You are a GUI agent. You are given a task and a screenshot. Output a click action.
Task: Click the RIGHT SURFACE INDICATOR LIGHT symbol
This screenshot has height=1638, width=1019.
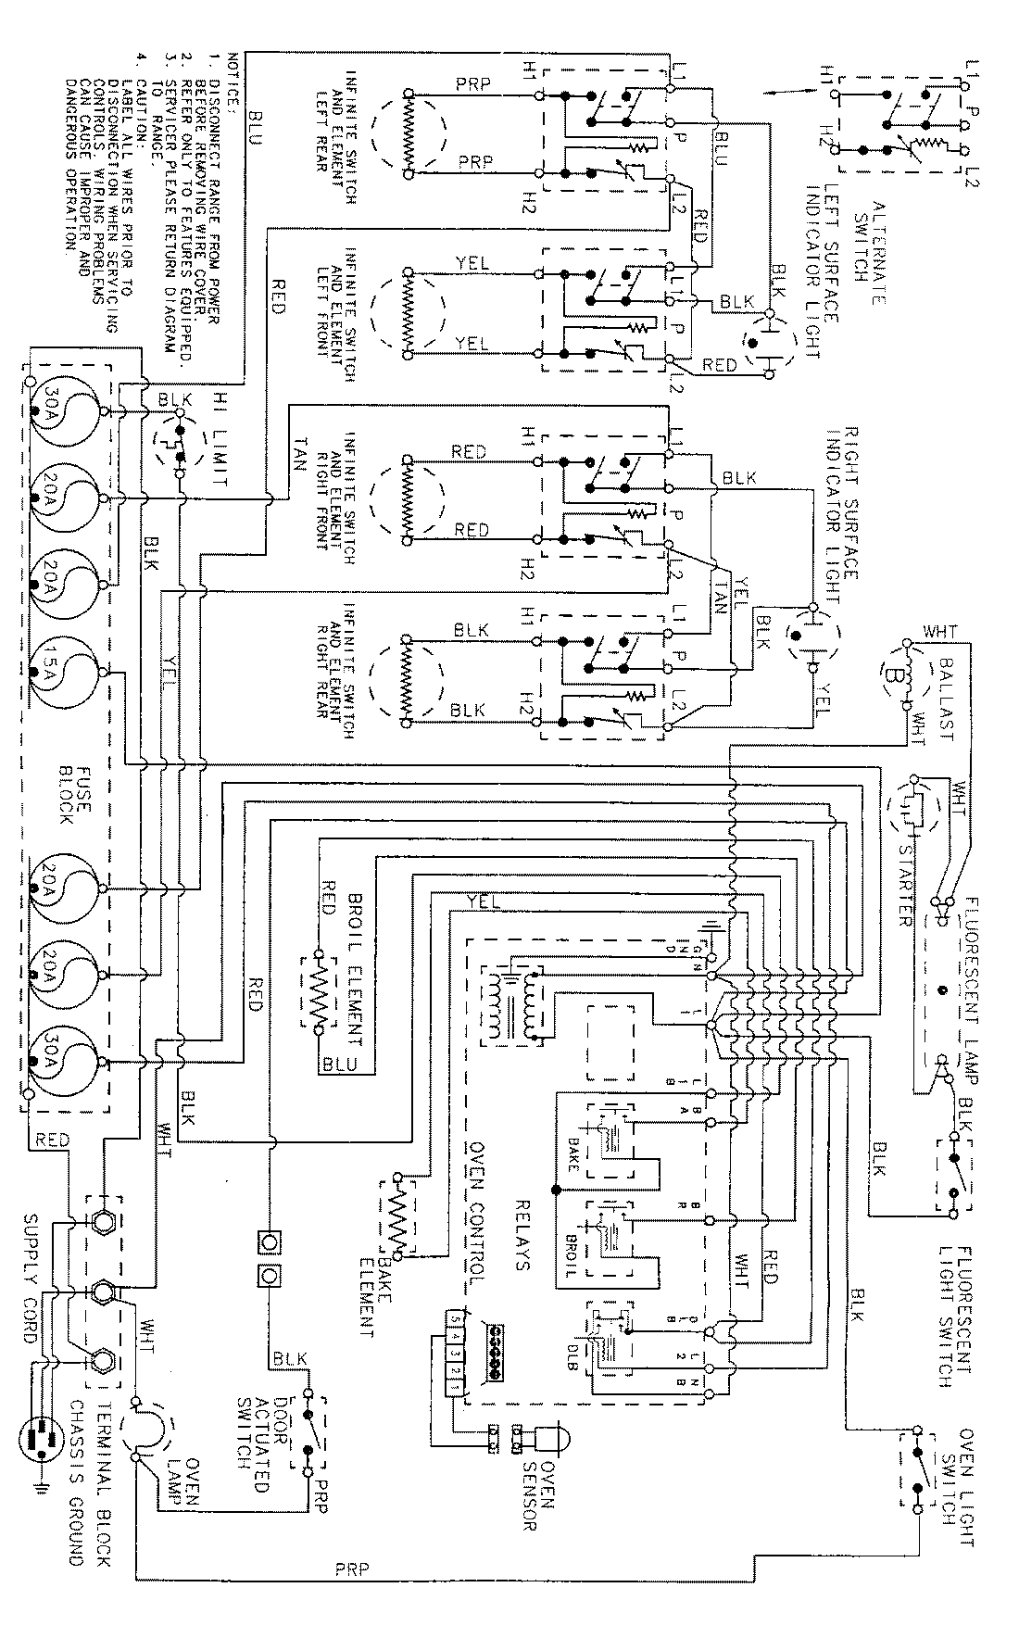[x=811, y=636]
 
